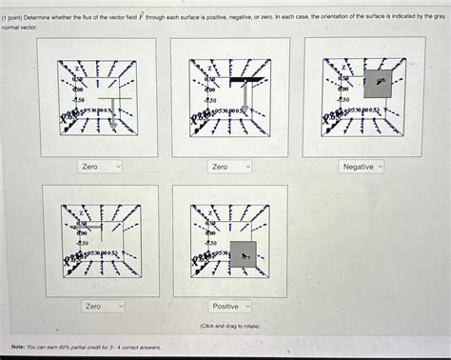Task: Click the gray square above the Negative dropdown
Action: click(x=378, y=83)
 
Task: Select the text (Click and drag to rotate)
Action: click(x=231, y=326)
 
